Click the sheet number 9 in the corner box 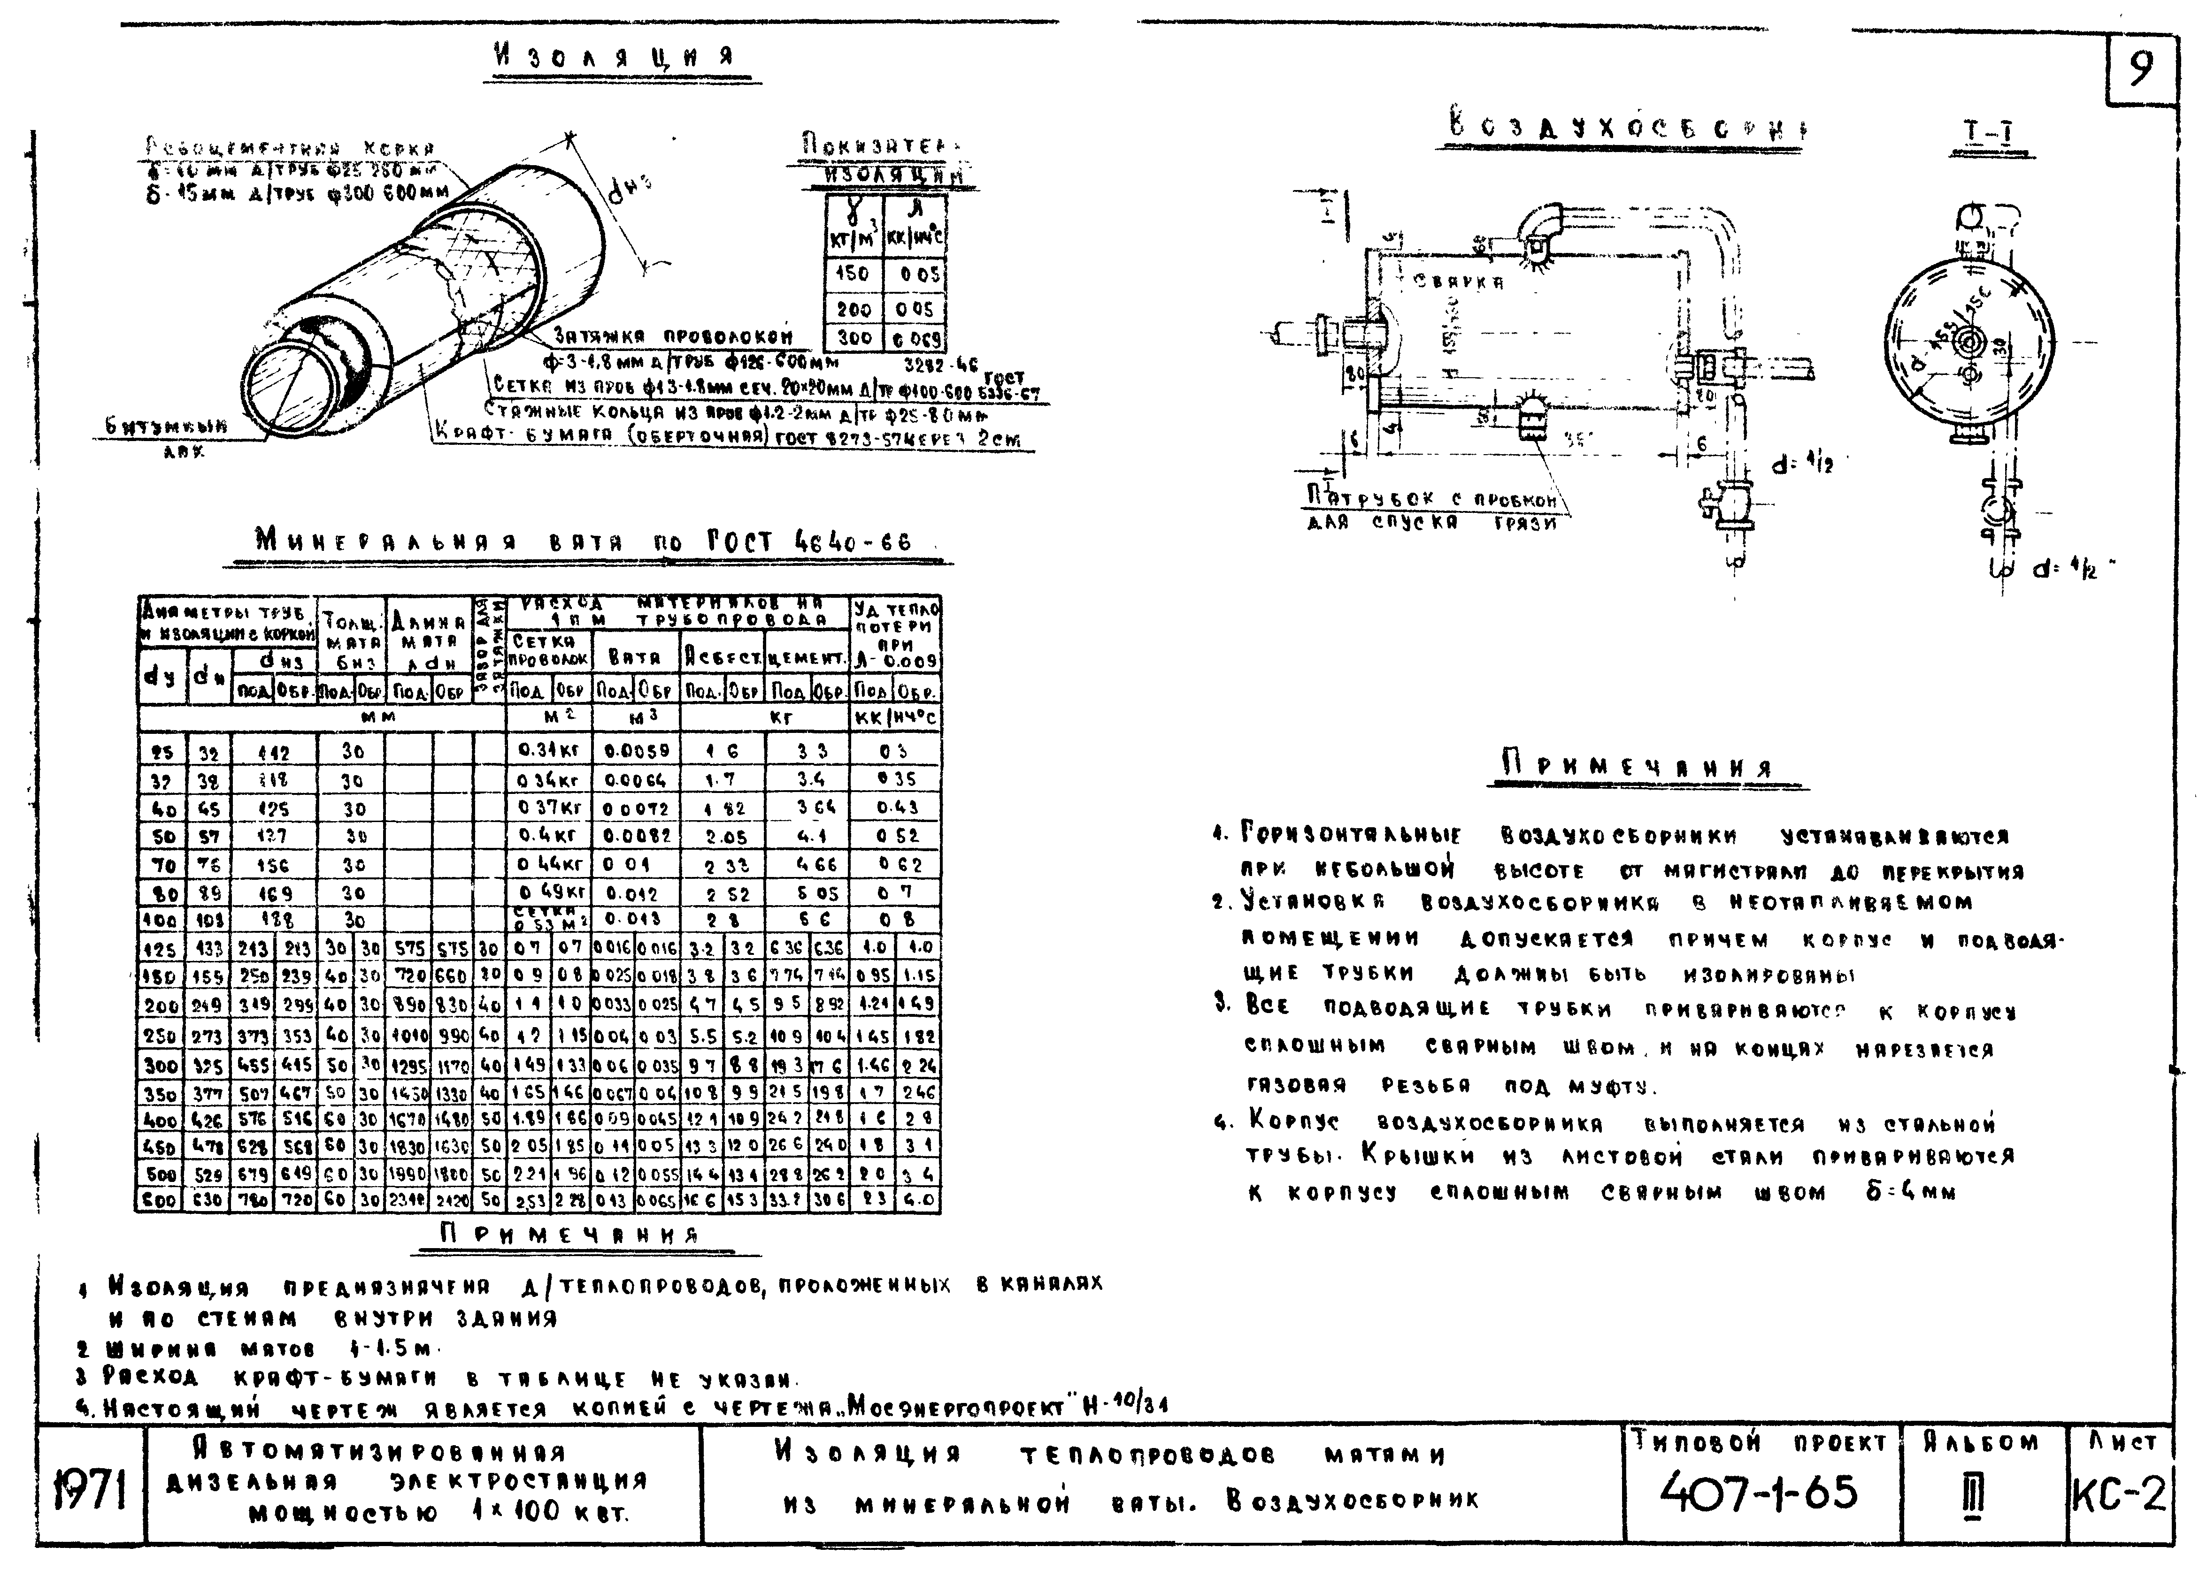point(2140,69)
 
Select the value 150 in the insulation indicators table point(852,274)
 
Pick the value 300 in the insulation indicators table point(853,337)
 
